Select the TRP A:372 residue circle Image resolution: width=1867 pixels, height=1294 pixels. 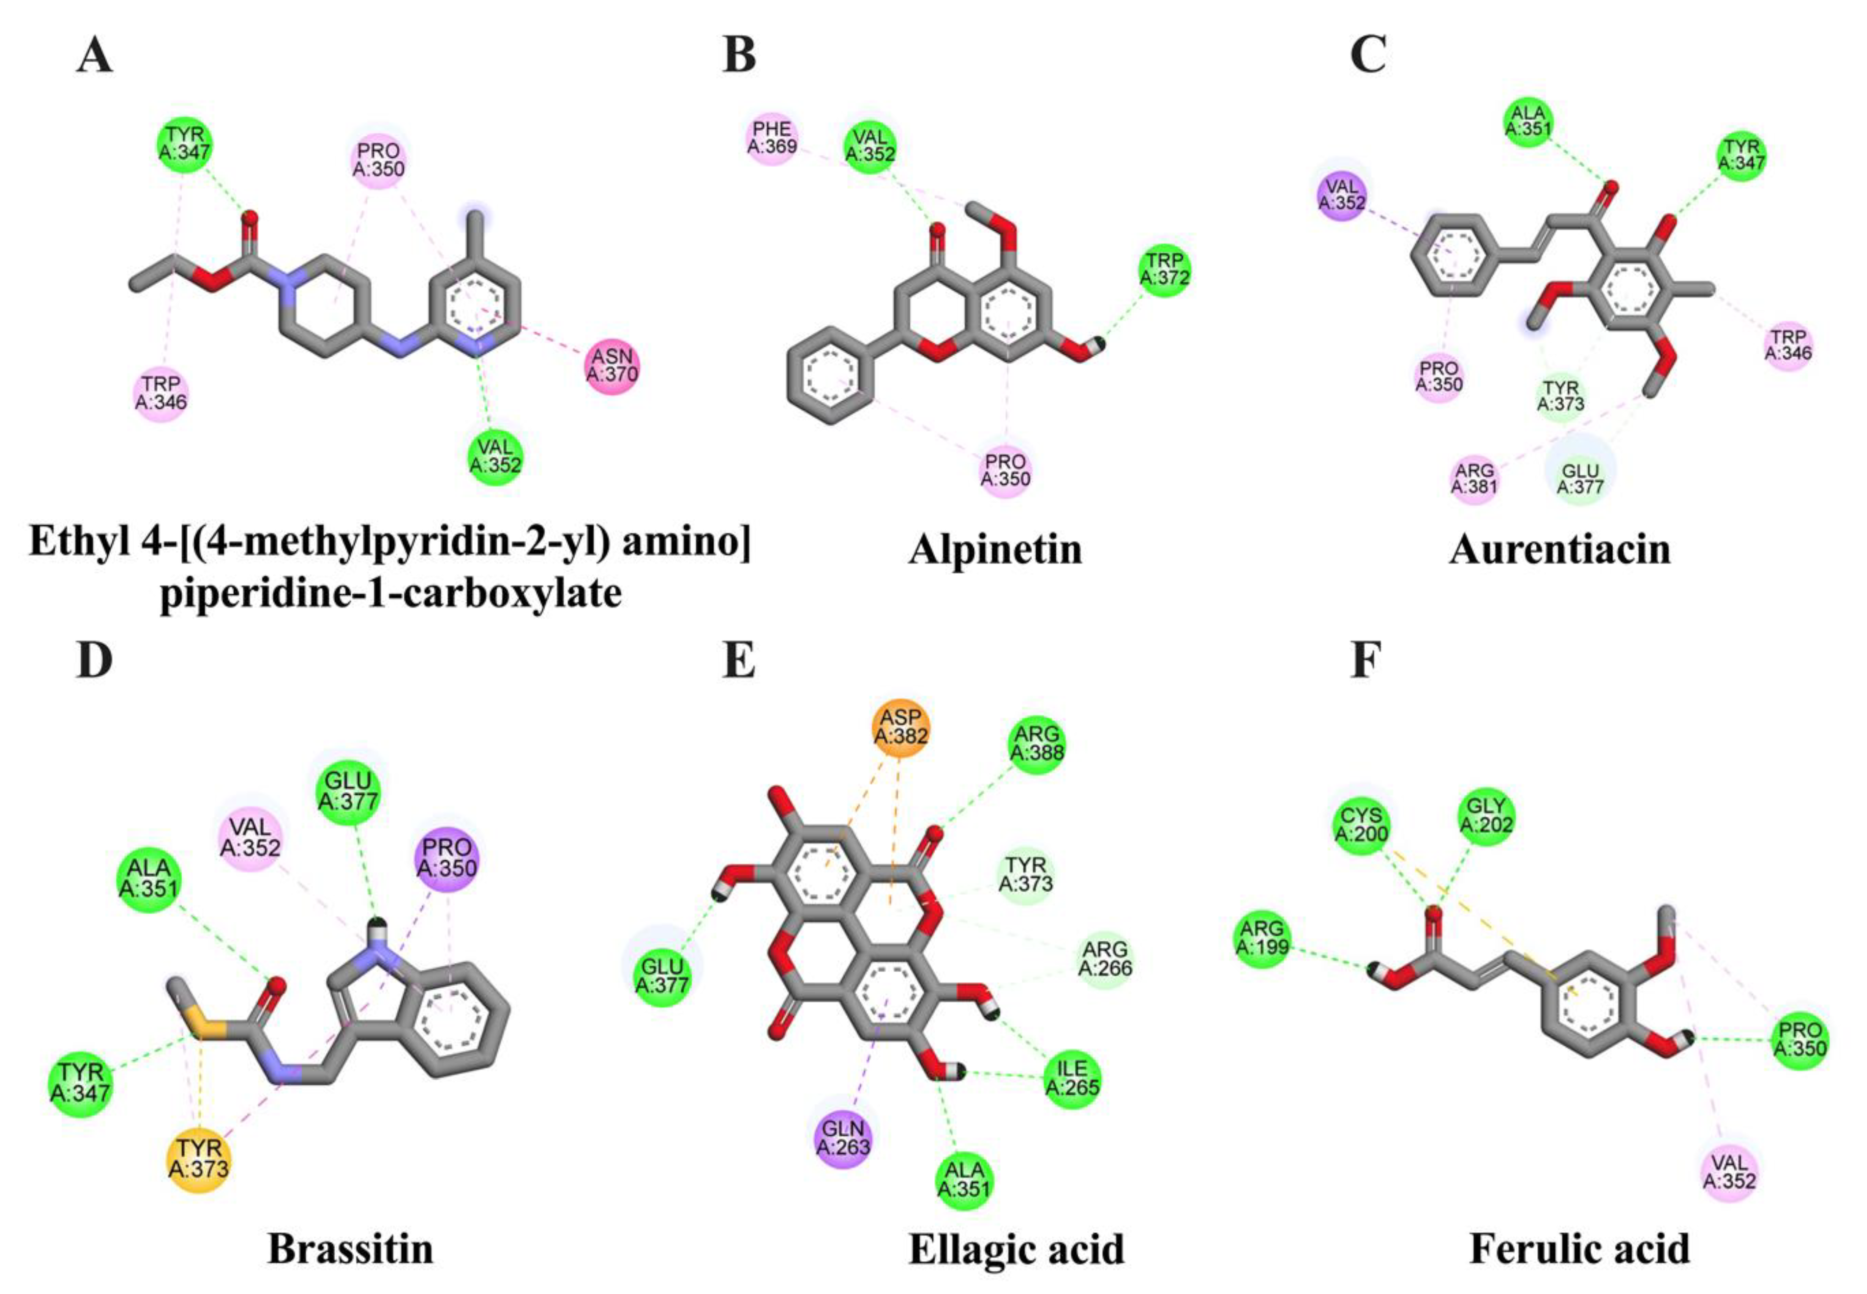[1165, 269]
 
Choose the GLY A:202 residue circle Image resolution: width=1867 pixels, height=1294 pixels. [1486, 816]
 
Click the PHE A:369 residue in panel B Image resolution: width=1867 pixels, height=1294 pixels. [772, 137]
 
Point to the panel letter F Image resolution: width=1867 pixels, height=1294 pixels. [1365, 661]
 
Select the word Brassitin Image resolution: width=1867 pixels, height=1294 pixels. [350, 1249]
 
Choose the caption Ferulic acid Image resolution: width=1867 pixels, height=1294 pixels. [1579, 1249]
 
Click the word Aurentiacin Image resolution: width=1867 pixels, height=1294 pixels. [1559, 550]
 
